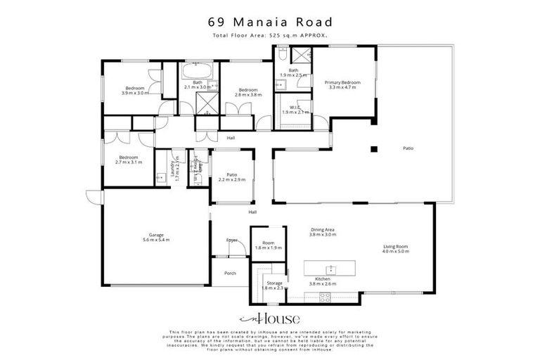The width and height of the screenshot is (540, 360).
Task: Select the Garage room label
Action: [x=155, y=238]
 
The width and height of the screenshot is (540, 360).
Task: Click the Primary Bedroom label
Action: [x=342, y=85]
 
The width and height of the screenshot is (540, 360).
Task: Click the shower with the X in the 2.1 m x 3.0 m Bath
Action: [x=206, y=105]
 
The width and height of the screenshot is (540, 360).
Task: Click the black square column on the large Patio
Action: [x=375, y=148]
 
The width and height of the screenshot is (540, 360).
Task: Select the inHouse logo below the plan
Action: [x=270, y=318]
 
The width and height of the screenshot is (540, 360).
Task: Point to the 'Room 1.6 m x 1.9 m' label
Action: [x=268, y=245]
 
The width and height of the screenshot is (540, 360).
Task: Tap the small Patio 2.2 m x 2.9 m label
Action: [x=231, y=177]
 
